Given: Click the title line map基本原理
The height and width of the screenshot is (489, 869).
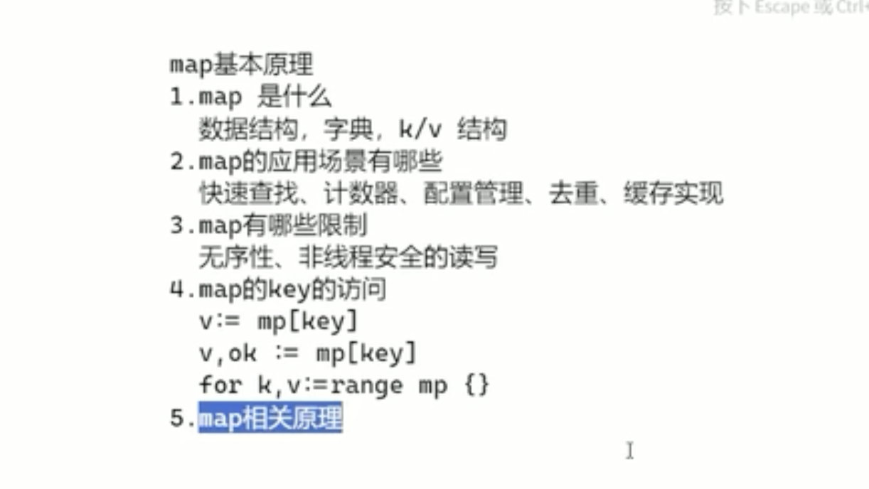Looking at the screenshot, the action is click(x=241, y=65).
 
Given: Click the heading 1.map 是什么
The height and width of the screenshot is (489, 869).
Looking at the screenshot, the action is click(x=250, y=97).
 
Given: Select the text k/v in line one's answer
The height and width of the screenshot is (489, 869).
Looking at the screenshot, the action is click(x=420, y=129).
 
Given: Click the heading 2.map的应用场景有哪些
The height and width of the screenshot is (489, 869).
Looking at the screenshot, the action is click(x=306, y=161).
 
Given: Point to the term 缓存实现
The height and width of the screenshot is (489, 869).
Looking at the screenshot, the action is click(x=673, y=193).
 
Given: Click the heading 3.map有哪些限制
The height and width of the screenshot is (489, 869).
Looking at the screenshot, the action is click(x=268, y=225).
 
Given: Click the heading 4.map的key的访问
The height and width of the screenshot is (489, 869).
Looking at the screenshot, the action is click(x=278, y=290).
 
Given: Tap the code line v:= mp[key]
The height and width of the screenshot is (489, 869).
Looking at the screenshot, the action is click(x=278, y=321).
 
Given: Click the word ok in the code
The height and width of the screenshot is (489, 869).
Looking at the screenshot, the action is click(x=242, y=353).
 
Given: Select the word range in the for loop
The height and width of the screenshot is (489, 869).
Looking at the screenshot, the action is click(x=366, y=385).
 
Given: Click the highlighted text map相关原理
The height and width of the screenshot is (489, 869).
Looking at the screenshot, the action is click(x=270, y=418).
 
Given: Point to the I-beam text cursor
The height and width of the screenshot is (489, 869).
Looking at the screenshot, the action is click(x=629, y=450).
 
